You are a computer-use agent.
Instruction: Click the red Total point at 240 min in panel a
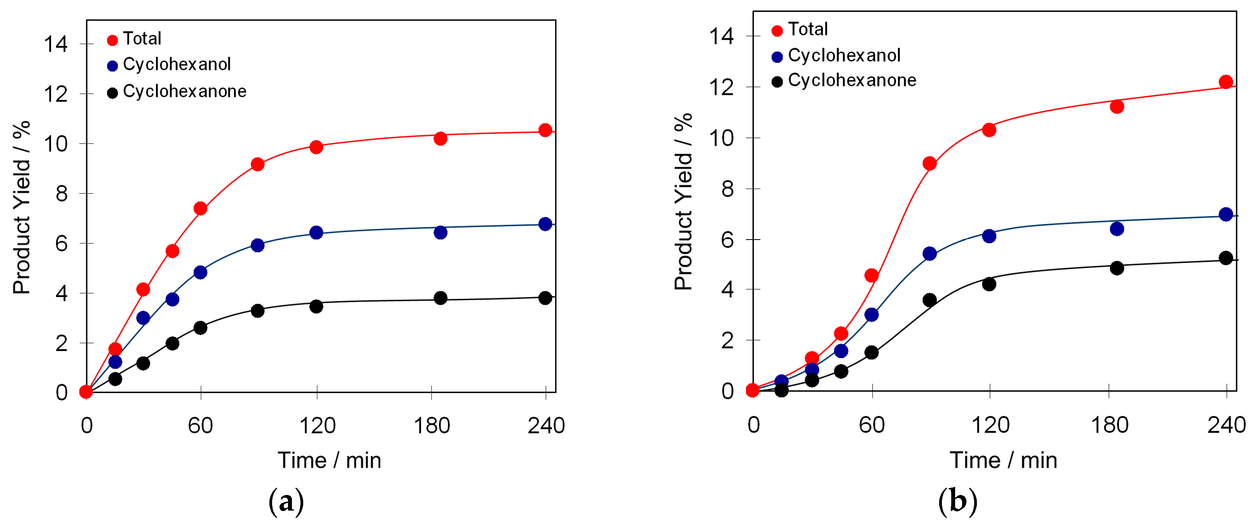(545, 130)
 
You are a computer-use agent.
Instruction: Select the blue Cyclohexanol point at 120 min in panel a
(316, 233)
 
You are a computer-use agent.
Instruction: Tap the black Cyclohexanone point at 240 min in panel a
(545, 298)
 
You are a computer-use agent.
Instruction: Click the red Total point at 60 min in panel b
(871, 275)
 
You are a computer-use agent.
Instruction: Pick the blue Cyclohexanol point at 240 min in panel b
(1225, 214)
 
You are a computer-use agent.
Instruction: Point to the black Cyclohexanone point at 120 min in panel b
(989, 284)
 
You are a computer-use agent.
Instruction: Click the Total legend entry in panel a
(141, 38)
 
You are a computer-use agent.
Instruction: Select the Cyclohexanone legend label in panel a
(184, 91)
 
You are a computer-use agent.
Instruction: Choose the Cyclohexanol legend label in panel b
(844, 55)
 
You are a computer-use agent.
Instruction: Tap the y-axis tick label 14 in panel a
(56, 44)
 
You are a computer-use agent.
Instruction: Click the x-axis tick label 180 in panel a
(431, 426)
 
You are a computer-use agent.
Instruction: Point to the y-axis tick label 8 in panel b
(727, 189)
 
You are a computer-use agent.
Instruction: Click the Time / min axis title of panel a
(329, 460)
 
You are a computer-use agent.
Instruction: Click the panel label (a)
(286, 502)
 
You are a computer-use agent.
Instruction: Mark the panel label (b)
(957, 502)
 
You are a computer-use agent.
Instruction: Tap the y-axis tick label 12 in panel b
(721, 88)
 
